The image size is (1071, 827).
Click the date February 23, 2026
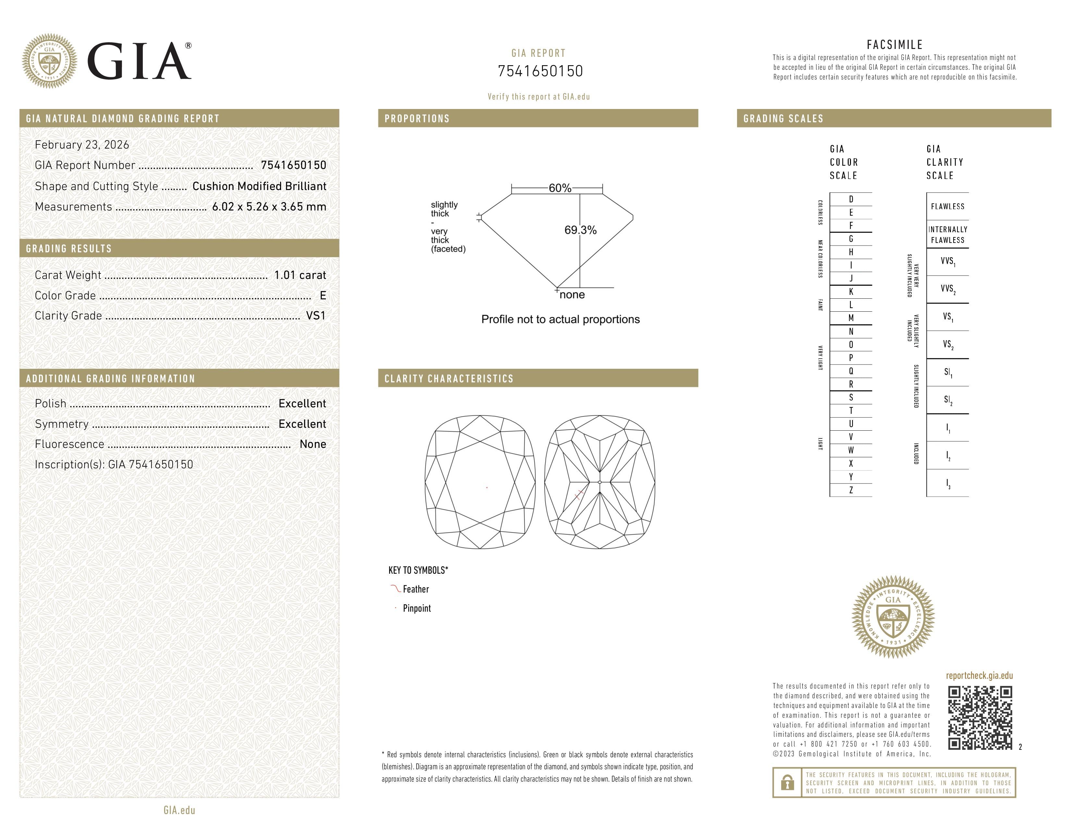[82, 145]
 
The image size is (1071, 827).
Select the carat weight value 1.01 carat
[300, 275]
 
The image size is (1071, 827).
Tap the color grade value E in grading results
[323, 295]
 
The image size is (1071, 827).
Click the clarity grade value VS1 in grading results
[315, 316]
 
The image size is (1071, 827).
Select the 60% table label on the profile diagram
[560, 188]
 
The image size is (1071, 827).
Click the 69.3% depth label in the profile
[580, 230]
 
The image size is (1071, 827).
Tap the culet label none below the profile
[572, 295]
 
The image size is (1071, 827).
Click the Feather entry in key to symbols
[415, 589]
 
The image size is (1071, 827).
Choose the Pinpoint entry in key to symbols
[416, 608]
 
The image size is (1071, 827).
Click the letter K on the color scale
[851, 292]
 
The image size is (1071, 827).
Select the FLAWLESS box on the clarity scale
[947, 206]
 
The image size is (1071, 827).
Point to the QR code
[980, 718]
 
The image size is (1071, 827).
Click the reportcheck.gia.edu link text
[979, 676]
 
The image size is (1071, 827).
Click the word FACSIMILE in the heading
[894, 44]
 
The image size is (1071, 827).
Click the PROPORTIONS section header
[417, 119]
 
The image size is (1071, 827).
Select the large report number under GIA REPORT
[540, 72]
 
